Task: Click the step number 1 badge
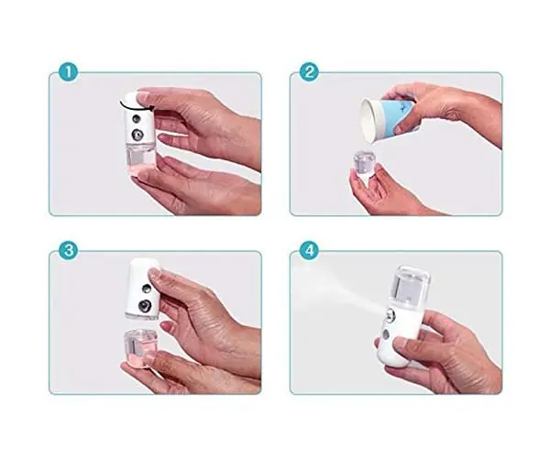coord(68,72)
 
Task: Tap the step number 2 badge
coord(309,72)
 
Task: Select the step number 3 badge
coord(68,251)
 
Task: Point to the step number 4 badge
coord(309,251)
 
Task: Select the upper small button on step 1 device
coord(136,119)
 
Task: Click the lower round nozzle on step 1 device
coord(137,135)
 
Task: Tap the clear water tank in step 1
coord(139,158)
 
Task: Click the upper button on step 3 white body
coord(147,289)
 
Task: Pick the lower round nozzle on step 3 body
coord(143,306)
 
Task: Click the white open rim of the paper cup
coord(368,120)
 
